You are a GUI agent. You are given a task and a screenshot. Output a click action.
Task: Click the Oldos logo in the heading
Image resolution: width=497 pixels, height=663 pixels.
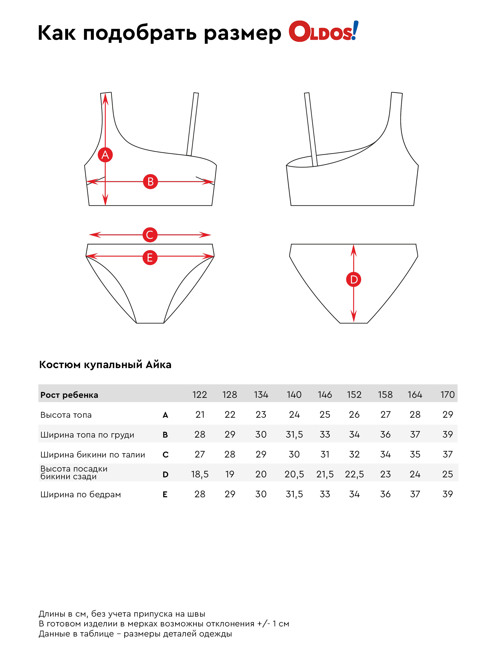(323, 32)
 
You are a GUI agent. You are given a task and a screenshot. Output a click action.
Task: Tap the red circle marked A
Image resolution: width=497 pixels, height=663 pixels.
(105, 155)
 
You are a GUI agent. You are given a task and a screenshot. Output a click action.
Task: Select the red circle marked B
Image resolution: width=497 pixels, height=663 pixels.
(150, 181)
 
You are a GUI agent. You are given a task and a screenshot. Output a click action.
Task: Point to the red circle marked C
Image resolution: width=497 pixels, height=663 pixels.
(150, 235)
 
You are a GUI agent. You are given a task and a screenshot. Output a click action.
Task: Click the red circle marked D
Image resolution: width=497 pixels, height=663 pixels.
(354, 279)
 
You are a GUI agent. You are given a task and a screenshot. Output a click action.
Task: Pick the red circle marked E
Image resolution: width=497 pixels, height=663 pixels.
(150, 258)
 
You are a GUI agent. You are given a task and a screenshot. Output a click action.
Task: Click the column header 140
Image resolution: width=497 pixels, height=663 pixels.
(294, 394)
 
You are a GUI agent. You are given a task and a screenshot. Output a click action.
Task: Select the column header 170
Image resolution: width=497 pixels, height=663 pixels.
(447, 394)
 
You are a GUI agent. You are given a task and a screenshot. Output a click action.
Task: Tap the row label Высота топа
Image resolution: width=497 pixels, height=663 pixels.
(66, 415)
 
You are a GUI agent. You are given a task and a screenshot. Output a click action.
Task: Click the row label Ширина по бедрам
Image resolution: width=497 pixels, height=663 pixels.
(81, 494)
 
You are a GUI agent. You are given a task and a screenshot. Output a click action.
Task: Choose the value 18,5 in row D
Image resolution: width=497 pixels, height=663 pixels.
(200, 474)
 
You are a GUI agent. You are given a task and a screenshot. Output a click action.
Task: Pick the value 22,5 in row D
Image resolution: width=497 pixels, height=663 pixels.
(354, 474)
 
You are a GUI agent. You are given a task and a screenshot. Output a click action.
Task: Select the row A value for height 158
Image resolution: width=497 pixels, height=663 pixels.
(385, 415)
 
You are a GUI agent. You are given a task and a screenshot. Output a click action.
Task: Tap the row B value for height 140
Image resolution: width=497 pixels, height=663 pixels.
(294, 434)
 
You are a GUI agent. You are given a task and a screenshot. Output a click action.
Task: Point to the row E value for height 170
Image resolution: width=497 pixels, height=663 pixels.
(447, 494)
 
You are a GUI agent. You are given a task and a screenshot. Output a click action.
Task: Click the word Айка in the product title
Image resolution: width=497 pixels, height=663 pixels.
(159, 364)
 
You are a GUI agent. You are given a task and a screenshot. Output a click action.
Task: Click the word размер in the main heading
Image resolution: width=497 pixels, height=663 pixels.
(242, 33)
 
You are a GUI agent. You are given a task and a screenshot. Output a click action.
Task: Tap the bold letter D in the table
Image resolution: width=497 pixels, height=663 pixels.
(165, 474)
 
